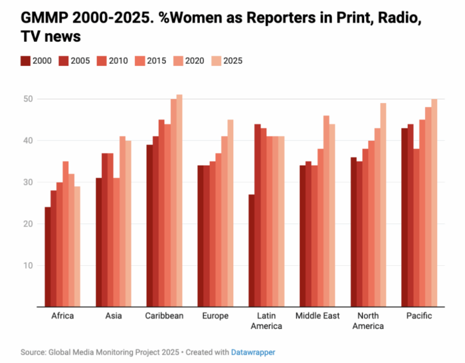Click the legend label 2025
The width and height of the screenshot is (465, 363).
(x=233, y=61)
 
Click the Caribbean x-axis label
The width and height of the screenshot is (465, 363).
(x=165, y=316)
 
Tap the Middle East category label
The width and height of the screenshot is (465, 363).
(x=318, y=316)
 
